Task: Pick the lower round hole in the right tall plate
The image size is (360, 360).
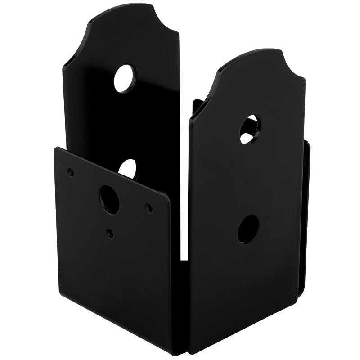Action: click(x=247, y=228)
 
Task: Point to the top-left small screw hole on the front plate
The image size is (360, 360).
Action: click(x=70, y=171)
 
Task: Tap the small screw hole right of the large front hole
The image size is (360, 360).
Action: click(x=148, y=207)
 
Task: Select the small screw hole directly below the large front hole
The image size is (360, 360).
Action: click(x=110, y=233)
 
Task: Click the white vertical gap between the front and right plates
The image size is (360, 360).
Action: click(x=184, y=234)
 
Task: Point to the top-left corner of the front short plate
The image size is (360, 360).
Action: click(x=55, y=148)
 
